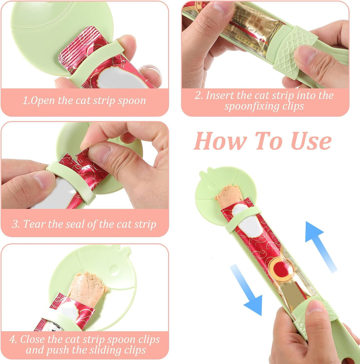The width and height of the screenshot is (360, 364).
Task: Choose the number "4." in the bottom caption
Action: click(13, 340)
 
